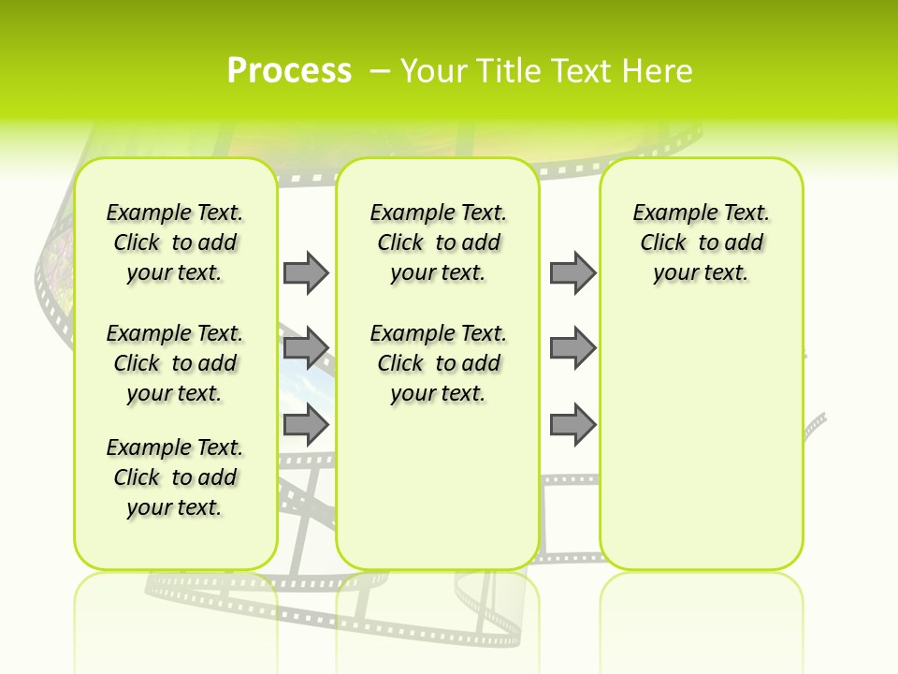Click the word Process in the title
pyautogui.click(x=289, y=71)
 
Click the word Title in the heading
pyautogui.click(x=510, y=71)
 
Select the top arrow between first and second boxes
pyautogui.click(x=306, y=272)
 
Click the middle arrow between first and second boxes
pyautogui.click(x=306, y=348)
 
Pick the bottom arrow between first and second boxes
pyautogui.click(x=306, y=425)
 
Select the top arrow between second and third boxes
pyautogui.click(x=572, y=272)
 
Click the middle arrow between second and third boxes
pyautogui.click(x=572, y=348)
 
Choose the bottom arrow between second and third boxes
pyautogui.click(x=572, y=425)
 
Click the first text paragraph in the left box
pyautogui.click(x=175, y=242)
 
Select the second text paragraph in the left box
pyautogui.click(x=175, y=363)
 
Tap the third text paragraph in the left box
pyautogui.click(x=175, y=477)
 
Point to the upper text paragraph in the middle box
pyautogui.click(x=438, y=242)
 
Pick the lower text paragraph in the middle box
pyautogui.click(x=438, y=363)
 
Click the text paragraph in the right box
pyautogui.click(x=701, y=242)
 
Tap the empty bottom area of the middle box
pyautogui.click(x=438, y=496)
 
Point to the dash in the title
pyautogui.click(x=380, y=71)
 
